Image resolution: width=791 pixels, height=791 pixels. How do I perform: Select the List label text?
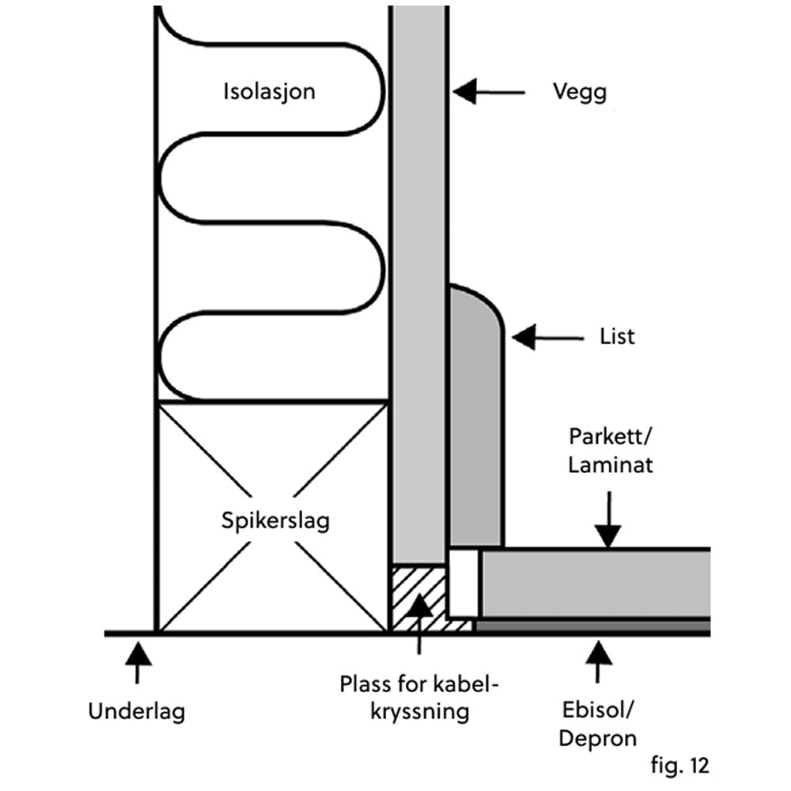[x=617, y=336]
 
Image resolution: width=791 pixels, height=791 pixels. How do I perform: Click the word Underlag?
[x=136, y=712]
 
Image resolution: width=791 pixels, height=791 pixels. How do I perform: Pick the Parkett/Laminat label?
[x=611, y=450]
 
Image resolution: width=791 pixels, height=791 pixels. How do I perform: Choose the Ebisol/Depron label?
[x=598, y=725]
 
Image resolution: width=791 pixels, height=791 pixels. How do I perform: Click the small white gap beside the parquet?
[x=464, y=584]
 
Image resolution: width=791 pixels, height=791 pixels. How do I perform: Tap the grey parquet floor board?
[x=593, y=584]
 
